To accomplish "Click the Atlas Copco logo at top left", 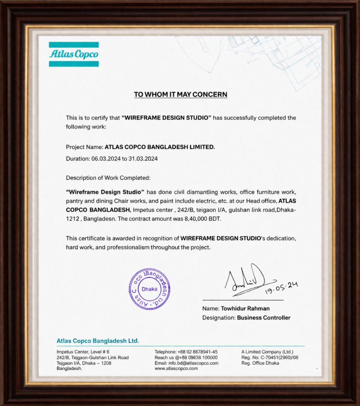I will point(74,54).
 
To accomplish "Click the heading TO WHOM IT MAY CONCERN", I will point(180,94).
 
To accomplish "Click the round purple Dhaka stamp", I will point(149,289).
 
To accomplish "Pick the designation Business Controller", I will point(263,318).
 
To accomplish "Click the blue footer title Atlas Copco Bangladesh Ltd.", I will point(98,341).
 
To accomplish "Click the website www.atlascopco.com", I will point(176,368).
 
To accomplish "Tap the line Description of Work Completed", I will point(108,178).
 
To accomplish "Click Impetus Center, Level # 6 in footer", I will point(83,352).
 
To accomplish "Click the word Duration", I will point(78,159).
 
